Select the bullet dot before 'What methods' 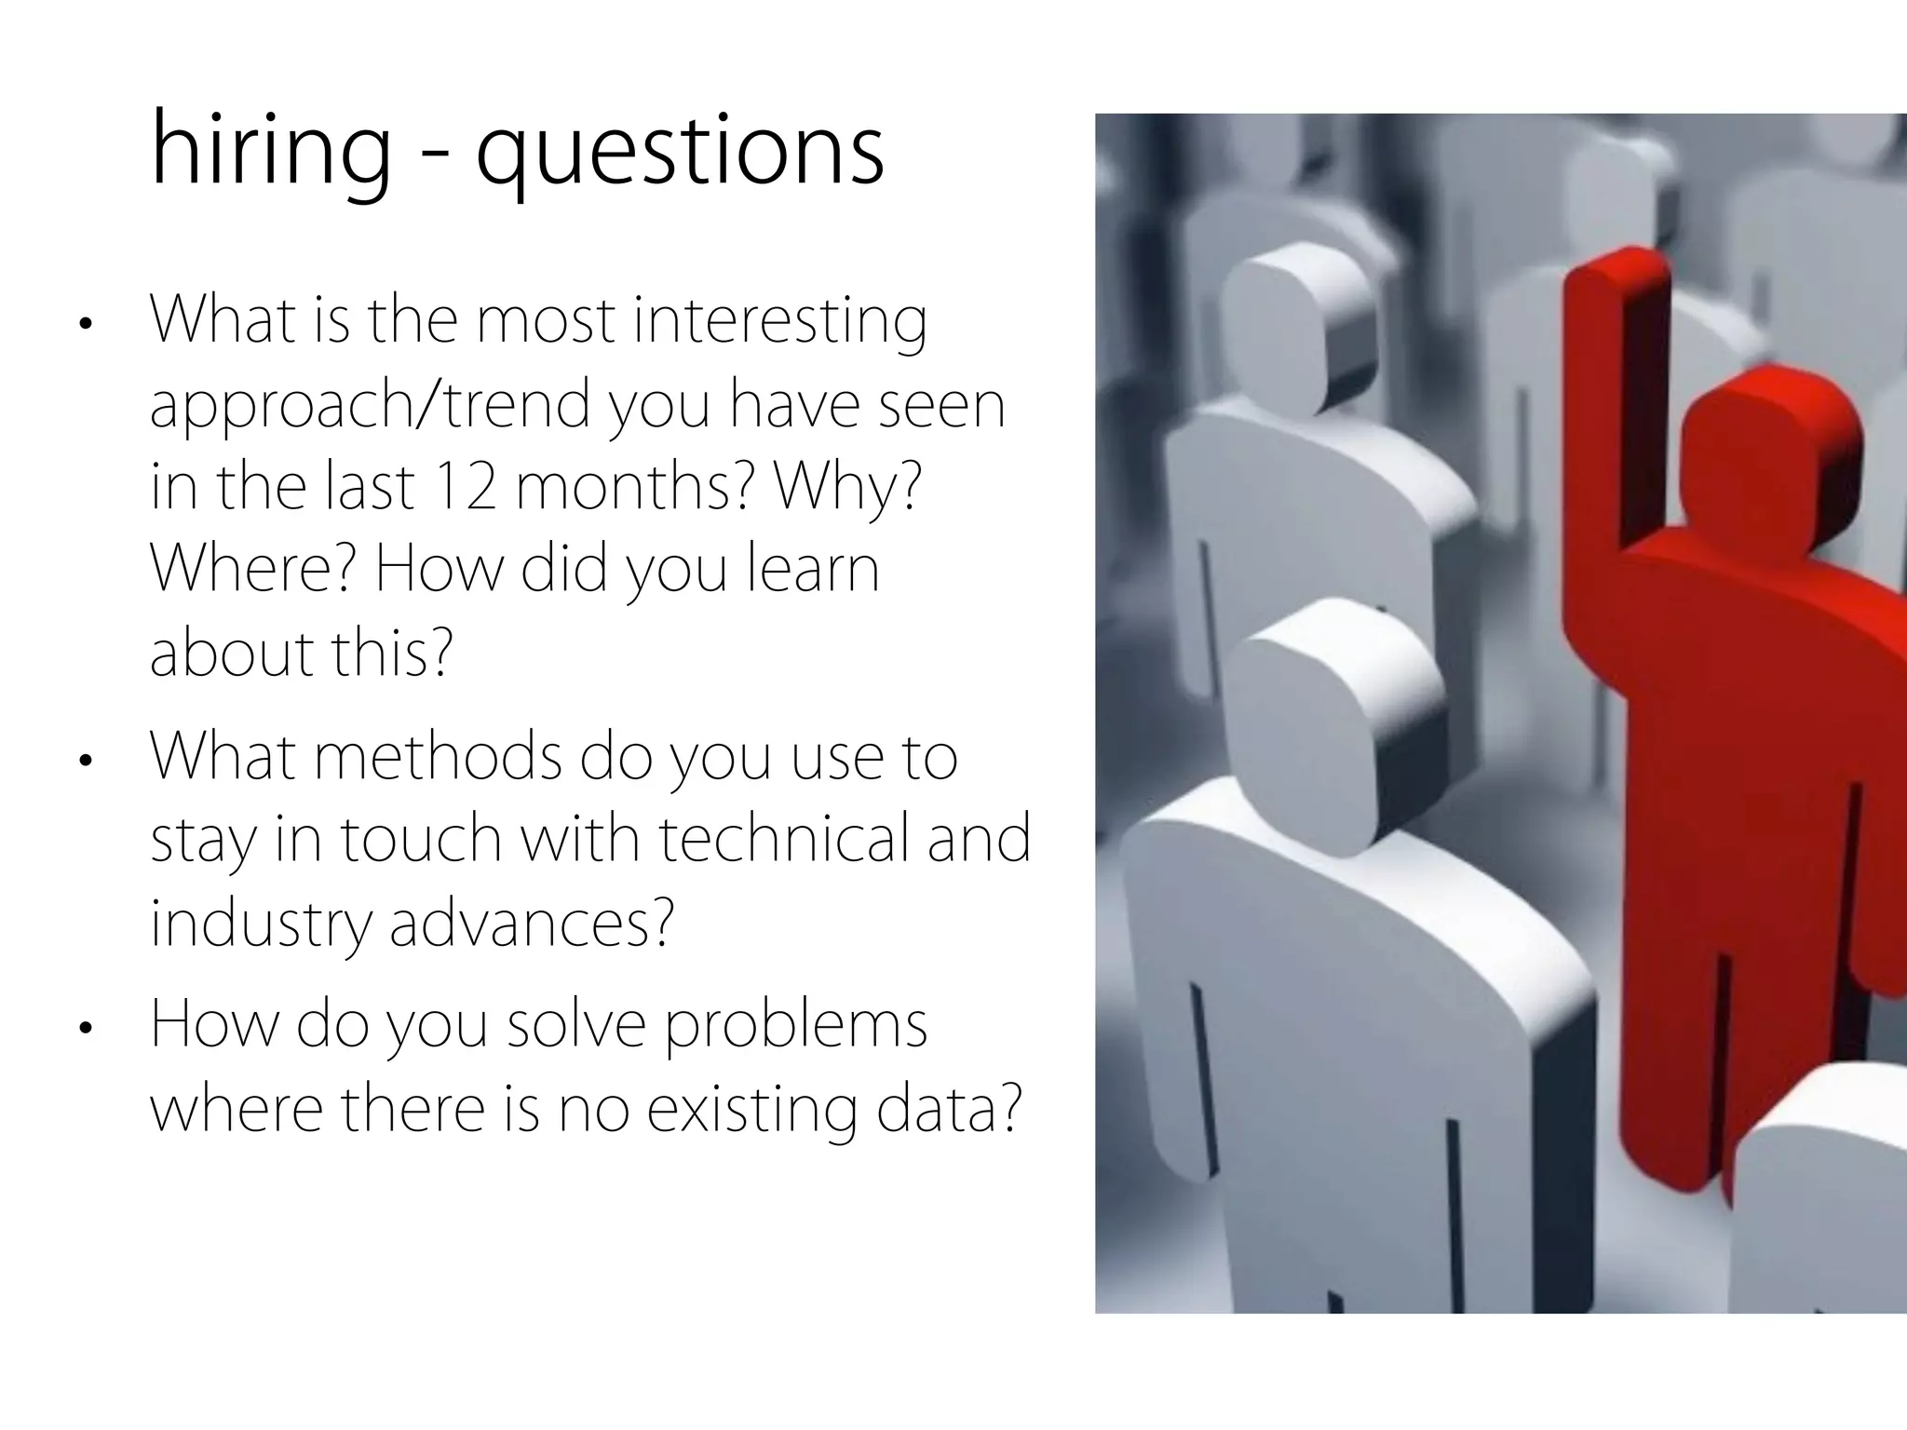click(86, 761)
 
